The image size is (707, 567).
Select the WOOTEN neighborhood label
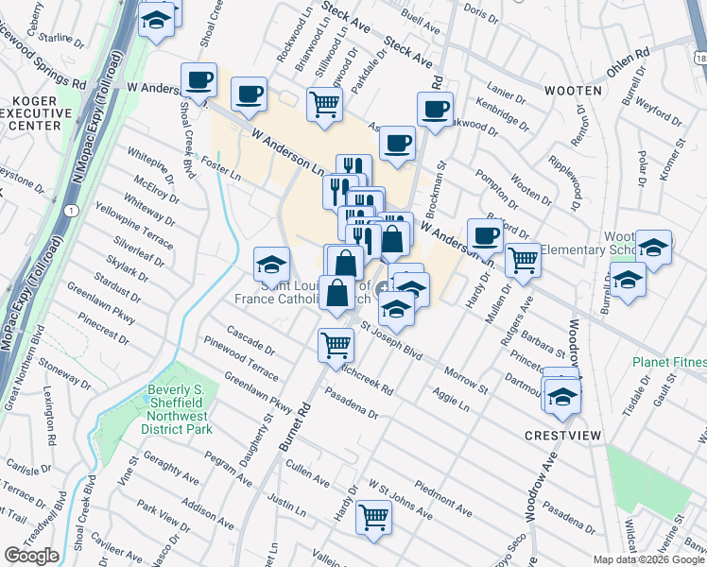pyautogui.click(x=573, y=91)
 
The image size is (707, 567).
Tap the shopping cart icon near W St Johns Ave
pyautogui.click(x=374, y=517)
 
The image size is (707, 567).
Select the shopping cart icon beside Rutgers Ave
pyautogui.click(x=523, y=260)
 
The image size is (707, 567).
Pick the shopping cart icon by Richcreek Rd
pyautogui.click(x=336, y=345)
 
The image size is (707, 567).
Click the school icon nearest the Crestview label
pyautogui.click(x=562, y=395)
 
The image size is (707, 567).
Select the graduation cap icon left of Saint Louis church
pyautogui.click(x=271, y=263)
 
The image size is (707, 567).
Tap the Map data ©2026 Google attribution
pyautogui.click(x=647, y=559)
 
